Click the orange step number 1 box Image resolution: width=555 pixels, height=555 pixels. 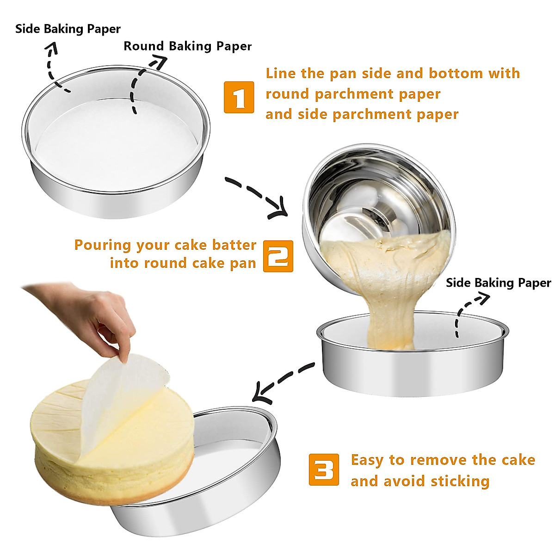coord(239,97)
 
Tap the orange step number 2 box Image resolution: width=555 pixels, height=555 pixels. coord(278,256)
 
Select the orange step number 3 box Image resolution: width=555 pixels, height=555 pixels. coord(323,469)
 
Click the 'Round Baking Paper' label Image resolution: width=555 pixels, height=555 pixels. coord(187,46)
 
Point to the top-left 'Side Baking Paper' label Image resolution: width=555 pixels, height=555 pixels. coord(68,29)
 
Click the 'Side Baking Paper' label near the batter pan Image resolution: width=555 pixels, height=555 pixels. coord(498,283)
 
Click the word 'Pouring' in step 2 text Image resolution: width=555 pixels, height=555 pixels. coord(102,245)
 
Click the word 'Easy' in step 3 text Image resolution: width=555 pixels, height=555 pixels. coord(367,460)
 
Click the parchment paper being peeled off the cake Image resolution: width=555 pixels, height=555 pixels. coord(116,398)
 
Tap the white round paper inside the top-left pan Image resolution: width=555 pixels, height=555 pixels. coord(116,139)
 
